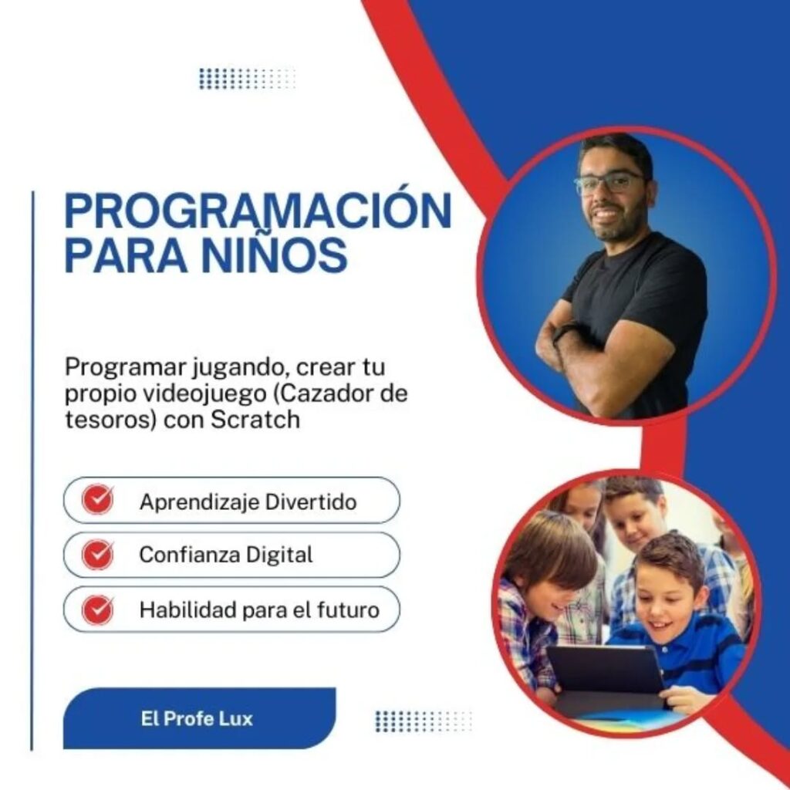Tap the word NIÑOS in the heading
click(x=275, y=254)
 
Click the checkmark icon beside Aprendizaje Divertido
click(x=98, y=499)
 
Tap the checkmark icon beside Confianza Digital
click(x=98, y=554)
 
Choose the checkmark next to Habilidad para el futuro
click(x=98, y=609)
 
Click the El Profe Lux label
click(x=197, y=718)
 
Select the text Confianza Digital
click(x=226, y=555)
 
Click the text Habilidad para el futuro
click(x=259, y=609)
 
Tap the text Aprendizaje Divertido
click(x=248, y=501)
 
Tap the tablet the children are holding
click(x=606, y=670)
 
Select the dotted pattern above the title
click(x=247, y=79)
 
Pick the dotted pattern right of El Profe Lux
click(x=424, y=721)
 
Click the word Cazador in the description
click(x=326, y=393)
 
